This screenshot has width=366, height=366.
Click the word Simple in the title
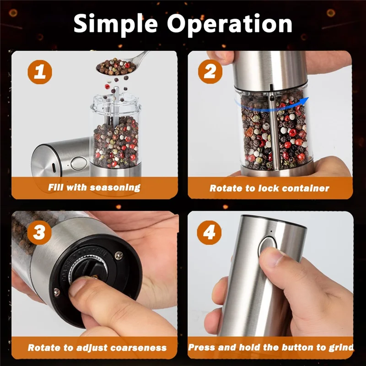coord(116,25)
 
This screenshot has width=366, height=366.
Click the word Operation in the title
coord(230,24)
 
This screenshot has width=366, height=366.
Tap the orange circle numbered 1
coord(40,72)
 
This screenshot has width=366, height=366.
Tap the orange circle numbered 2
coord(210,71)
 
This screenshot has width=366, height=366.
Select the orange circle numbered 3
coord(39,232)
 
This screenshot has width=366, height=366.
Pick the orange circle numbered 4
coord(209,232)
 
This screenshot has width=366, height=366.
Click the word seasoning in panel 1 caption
coord(115,188)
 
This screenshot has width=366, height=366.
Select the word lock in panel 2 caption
coord(269,188)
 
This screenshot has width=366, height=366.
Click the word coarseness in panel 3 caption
coord(139,348)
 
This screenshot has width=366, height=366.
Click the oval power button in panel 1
coord(79,163)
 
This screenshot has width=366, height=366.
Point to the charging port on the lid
coord(54,168)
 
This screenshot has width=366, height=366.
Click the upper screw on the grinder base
coord(119,255)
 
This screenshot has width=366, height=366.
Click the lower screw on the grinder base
coord(57,292)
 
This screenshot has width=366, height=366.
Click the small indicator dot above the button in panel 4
coord(271,231)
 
